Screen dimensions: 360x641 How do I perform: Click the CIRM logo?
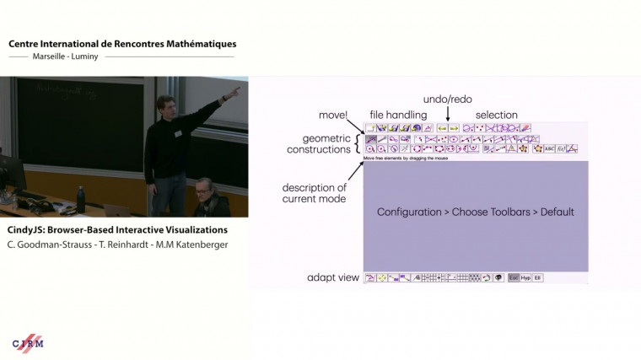(x=28, y=343)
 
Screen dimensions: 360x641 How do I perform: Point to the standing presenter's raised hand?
(x=236, y=90)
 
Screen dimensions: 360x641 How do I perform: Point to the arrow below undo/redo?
(x=447, y=116)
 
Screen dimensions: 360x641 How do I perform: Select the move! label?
(x=334, y=115)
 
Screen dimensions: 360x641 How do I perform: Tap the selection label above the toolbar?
(x=497, y=115)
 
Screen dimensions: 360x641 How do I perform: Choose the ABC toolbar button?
(x=549, y=148)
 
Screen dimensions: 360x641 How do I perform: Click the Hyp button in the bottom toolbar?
(x=525, y=277)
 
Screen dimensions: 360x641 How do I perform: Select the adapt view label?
(x=333, y=277)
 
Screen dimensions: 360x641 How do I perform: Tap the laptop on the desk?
(x=118, y=209)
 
